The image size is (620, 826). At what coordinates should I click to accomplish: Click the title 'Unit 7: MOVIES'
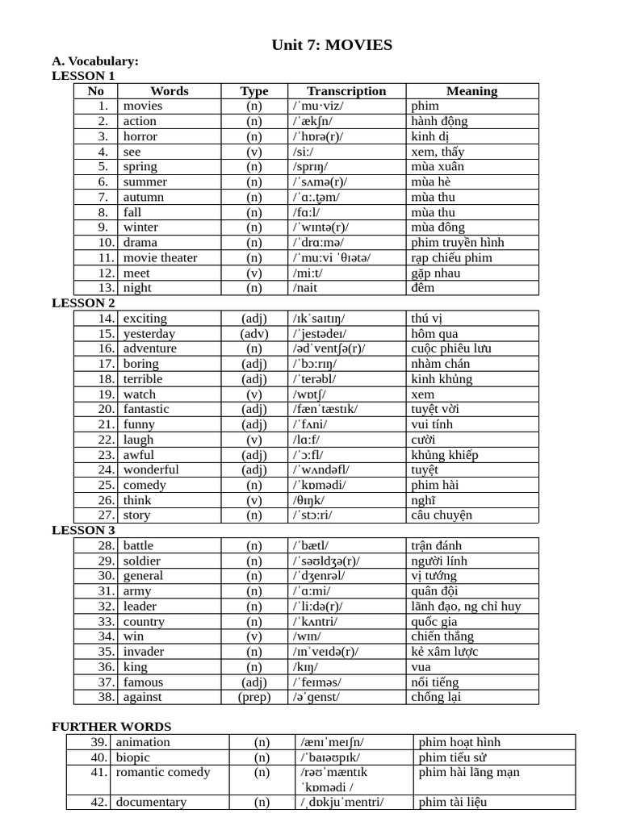tap(333, 45)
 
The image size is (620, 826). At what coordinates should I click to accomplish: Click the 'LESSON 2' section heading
tap(83, 303)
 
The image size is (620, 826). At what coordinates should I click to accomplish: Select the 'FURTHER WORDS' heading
tap(111, 727)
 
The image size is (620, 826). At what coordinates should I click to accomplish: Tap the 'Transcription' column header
tap(346, 91)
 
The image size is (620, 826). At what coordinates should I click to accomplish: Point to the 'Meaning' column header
tap(471, 91)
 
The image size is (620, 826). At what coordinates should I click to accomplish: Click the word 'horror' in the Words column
tap(140, 136)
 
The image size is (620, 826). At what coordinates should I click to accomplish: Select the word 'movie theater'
tap(160, 257)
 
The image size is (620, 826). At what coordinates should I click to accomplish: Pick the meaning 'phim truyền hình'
tap(457, 242)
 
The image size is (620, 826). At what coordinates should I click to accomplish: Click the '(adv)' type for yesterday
tap(254, 333)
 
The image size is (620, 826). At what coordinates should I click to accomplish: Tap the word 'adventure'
tap(150, 348)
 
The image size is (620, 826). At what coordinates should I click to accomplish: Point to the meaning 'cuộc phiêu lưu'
tap(452, 348)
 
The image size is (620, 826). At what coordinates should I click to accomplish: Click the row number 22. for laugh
tap(107, 440)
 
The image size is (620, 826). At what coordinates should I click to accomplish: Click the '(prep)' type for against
tap(254, 697)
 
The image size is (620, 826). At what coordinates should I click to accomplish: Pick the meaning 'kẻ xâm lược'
tap(444, 652)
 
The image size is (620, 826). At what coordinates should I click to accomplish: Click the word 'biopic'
tap(133, 757)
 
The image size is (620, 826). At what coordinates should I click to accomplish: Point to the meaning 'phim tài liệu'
tap(453, 802)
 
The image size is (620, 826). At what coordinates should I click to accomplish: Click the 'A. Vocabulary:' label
tap(95, 61)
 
